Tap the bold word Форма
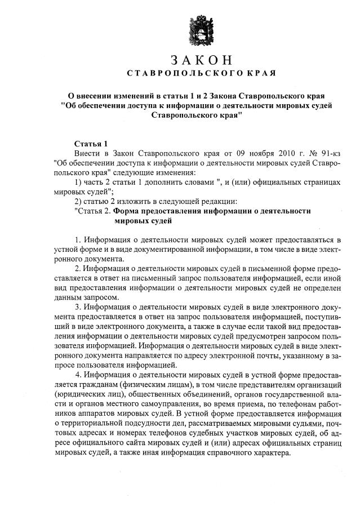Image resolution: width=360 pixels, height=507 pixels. click(126, 211)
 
